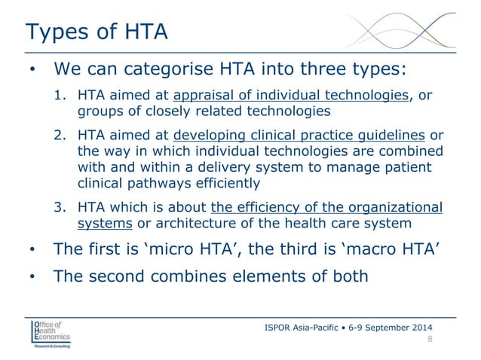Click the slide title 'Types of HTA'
[x=96, y=32]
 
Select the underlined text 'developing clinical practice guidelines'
[x=299, y=135]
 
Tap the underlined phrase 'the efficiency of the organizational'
[x=327, y=208]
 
